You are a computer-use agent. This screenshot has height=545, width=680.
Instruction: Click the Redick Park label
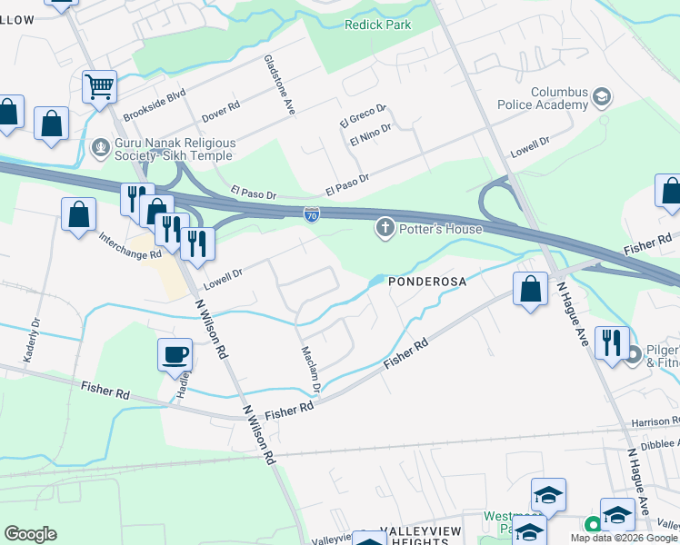[x=378, y=25]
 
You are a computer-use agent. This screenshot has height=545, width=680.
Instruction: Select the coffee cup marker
[x=175, y=355]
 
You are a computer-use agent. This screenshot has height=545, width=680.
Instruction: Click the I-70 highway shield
[x=312, y=214]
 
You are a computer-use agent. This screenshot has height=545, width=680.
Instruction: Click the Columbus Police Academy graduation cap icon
[x=602, y=96]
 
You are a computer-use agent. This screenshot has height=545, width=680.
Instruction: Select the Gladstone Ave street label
[x=280, y=84]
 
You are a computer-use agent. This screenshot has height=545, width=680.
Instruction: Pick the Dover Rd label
[x=221, y=112]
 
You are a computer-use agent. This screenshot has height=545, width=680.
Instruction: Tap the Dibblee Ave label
[x=655, y=445]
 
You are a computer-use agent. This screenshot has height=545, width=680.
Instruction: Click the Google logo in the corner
[x=31, y=534]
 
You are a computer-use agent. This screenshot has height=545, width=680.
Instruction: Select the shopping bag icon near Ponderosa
[x=530, y=290]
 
